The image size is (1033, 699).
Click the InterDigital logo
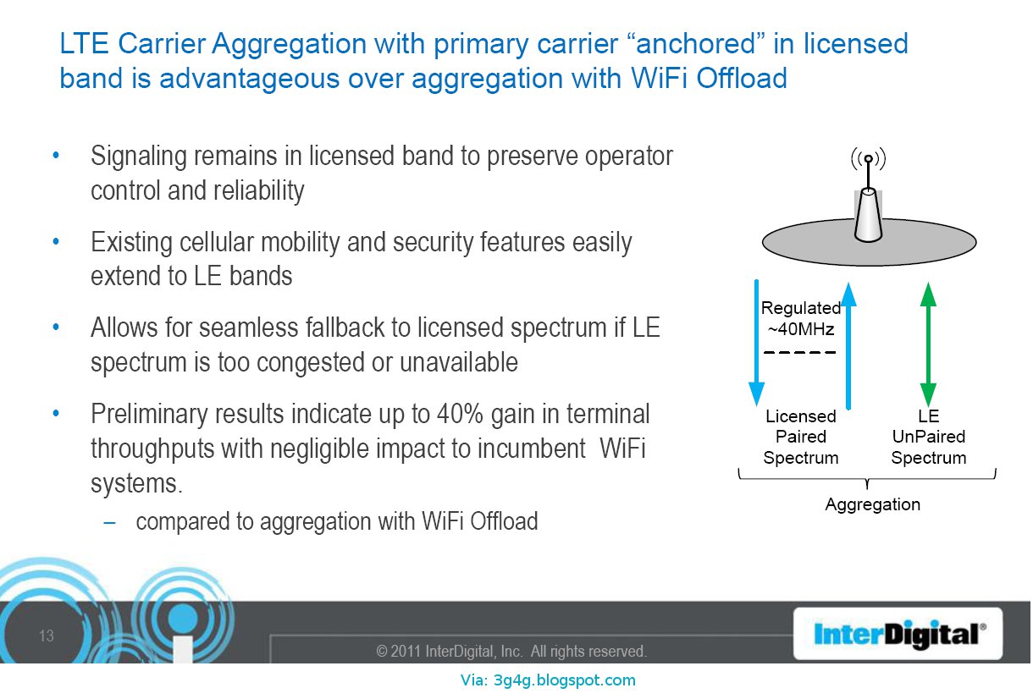coord(899,634)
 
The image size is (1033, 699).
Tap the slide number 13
coord(47,636)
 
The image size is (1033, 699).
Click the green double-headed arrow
coord(928,344)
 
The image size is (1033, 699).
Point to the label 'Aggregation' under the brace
coord(872,504)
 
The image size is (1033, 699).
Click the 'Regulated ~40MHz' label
coord(800,318)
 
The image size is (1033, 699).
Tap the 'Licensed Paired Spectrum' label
coord(800,437)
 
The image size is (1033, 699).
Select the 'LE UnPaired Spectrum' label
coord(928,437)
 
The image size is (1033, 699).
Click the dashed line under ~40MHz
coord(800,352)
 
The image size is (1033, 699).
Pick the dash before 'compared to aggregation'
coord(109,521)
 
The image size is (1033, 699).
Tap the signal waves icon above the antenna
coord(868,159)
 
